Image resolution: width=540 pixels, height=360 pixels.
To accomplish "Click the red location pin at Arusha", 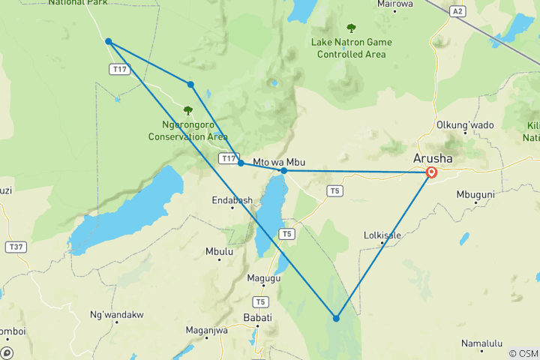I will click(431, 172).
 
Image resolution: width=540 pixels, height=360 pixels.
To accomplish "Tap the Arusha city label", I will click(432, 158).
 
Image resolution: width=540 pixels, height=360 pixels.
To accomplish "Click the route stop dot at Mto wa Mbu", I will click(283, 171).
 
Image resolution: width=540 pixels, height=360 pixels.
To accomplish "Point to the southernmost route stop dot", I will click(336, 318).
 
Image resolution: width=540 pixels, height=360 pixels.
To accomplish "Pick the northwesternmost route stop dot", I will click(109, 41).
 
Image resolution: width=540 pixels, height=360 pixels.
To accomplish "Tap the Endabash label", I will click(232, 201).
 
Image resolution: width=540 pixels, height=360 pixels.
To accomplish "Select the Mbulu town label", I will click(219, 252).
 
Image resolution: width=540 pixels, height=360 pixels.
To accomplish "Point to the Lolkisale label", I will click(382, 235).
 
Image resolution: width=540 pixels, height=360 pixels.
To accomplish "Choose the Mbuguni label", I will click(475, 194).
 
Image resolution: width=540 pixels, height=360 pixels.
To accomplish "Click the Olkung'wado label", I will click(458, 124).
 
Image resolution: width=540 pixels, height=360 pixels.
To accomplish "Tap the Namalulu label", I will click(481, 343).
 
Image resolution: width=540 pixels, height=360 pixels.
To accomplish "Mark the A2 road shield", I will click(457, 11).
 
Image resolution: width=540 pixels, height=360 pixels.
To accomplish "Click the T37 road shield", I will click(14, 247).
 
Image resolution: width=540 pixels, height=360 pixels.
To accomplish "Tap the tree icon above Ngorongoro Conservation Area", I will click(187, 110).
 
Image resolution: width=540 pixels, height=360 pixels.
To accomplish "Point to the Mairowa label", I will click(395, 4).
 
